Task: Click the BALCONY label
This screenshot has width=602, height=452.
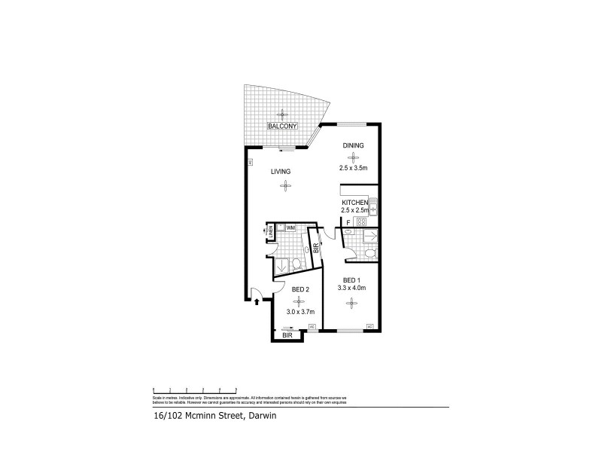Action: pos(283,127)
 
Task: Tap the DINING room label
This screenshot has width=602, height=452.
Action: pos(353,145)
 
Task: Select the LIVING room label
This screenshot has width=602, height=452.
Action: pos(281,172)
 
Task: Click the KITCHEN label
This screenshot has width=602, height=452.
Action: pos(354,203)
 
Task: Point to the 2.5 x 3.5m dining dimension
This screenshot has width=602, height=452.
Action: pos(353,167)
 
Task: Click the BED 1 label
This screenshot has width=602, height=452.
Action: pos(351,281)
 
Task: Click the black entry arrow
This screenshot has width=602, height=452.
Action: pos(257,301)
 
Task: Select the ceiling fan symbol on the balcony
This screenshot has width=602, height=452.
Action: pos(283,114)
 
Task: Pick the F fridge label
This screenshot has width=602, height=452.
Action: pos(348,223)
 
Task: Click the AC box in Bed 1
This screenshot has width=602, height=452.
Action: pos(369,326)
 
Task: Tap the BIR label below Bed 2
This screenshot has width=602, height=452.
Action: pos(287,334)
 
